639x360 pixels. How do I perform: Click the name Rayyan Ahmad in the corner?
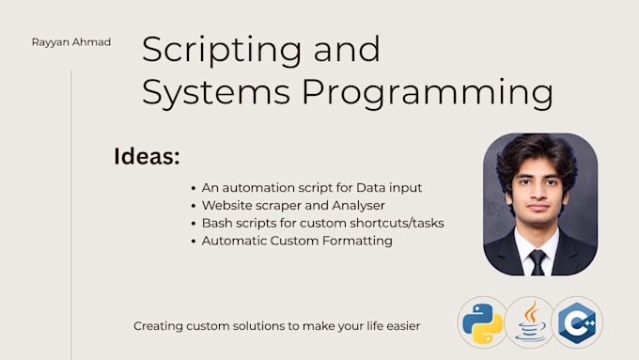(x=71, y=42)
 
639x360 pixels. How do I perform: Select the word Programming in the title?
(x=428, y=93)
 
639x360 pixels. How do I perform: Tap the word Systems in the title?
(x=216, y=93)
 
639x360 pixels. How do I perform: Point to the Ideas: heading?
(x=147, y=156)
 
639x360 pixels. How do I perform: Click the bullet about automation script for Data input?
(x=312, y=188)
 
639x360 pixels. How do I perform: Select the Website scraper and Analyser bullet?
(x=293, y=206)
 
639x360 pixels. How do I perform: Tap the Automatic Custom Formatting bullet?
(x=297, y=241)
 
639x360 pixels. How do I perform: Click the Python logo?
(x=482, y=322)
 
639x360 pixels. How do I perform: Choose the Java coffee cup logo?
(x=530, y=322)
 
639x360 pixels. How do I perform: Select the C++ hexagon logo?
(x=577, y=322)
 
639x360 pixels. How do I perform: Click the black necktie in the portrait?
(x=538, y=262)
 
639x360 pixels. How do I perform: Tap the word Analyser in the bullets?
(x=358, y=206)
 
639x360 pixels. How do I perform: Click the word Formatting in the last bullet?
(x=357, y=241)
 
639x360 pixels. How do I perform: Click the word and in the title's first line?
(x=347, y=50)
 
